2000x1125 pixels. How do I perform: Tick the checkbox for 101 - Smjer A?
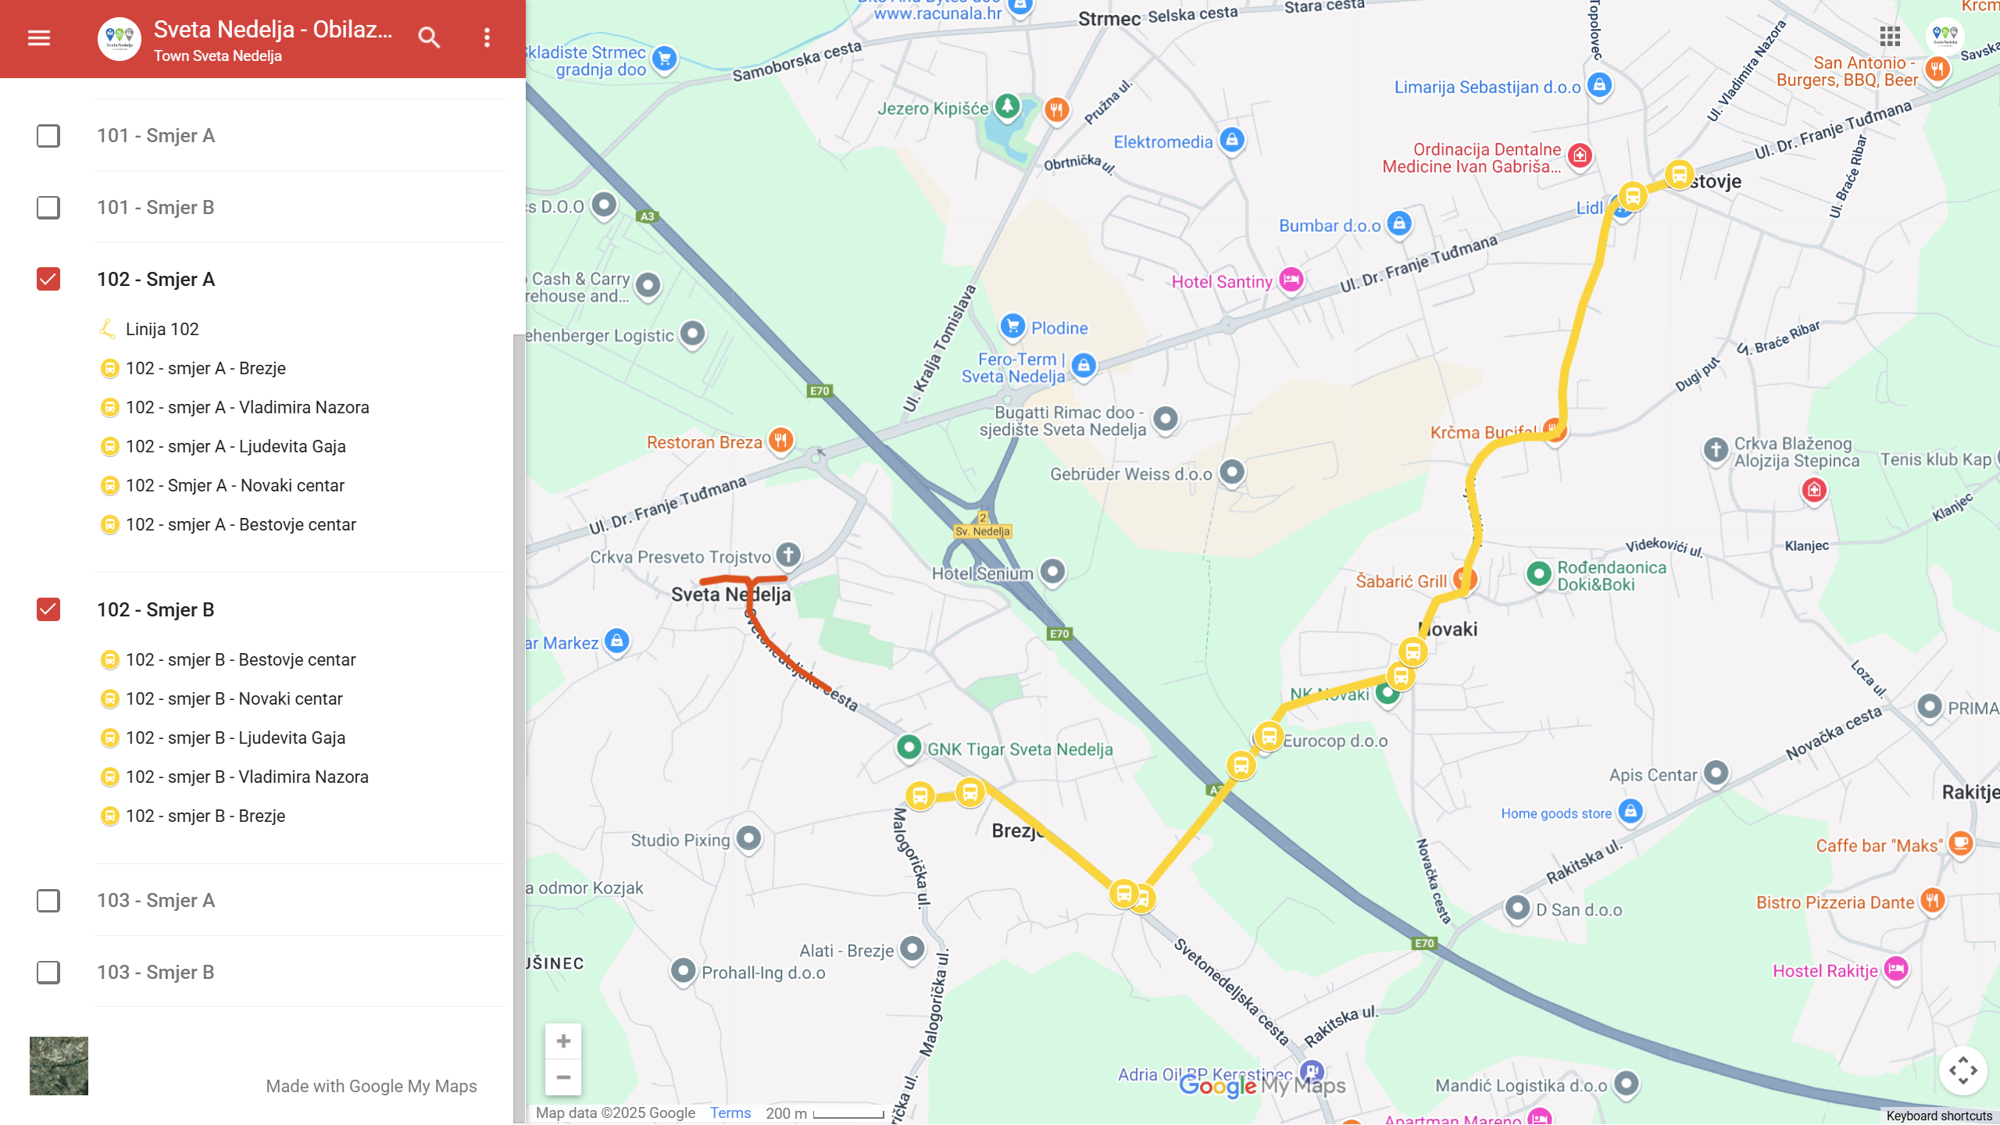coord(48,136)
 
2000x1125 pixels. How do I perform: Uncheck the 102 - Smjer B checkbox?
coord(48,609)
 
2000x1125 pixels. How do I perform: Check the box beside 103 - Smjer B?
coord(48,972)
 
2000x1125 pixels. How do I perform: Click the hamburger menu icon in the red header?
coord(39,37)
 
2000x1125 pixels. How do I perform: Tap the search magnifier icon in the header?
coord(429,37)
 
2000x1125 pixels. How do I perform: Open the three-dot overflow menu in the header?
coord(487,37)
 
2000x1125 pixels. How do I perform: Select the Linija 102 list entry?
coord(162,329)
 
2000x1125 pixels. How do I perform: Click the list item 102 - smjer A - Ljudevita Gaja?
coord(235,446)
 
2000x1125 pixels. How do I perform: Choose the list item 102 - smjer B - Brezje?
coord(205,816)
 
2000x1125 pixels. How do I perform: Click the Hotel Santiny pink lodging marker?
coord(1291,279)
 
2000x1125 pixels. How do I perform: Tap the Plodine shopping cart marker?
coord(1012,326)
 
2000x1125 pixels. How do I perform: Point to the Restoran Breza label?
coord(704,442)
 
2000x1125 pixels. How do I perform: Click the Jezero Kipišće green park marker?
coord(1007,105)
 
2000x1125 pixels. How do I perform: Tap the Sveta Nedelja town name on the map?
coord(730,595)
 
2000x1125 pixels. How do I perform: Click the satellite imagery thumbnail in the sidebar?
coord(59,1066)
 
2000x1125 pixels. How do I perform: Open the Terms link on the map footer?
coord(730,1112)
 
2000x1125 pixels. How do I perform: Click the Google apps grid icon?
coord(1890,36)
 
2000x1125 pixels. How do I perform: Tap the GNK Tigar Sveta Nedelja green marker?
coord(909,747)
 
